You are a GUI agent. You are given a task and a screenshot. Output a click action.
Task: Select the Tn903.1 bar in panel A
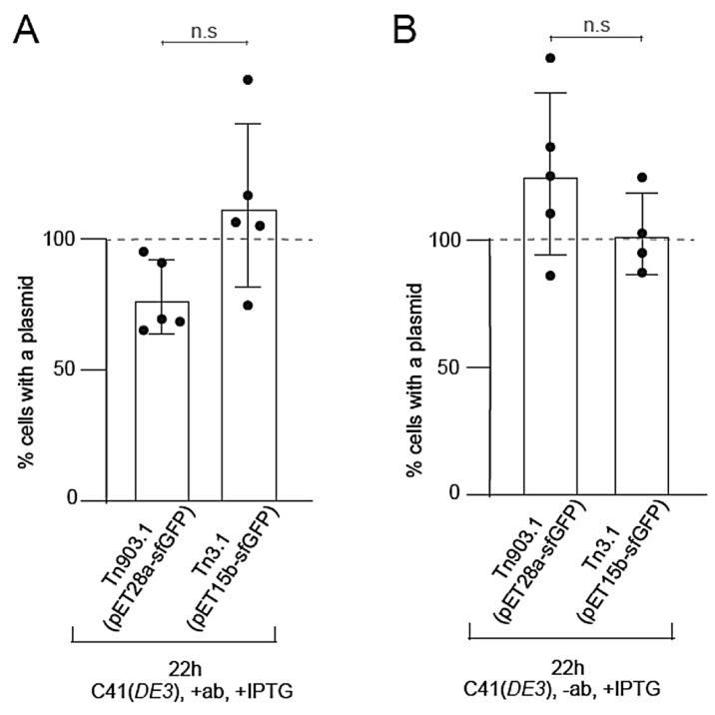click(162, 399)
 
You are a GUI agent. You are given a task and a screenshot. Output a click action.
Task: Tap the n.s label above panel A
click(205, 30)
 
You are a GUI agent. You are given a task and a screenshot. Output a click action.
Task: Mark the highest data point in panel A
click(248, 79)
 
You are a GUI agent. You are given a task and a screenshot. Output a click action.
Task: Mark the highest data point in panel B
click(549, 58)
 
